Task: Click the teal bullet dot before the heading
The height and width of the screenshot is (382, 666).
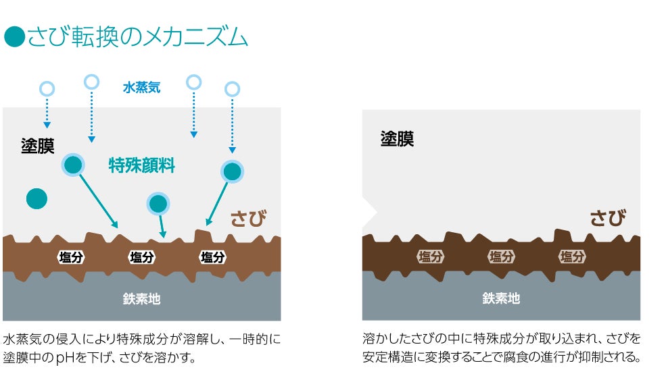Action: pos(14,37)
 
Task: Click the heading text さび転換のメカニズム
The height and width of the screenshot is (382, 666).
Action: pos(137,37)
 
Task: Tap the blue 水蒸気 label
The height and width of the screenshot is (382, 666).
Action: pos(141,87)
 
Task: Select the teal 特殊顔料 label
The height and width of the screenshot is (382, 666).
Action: pos(142,165)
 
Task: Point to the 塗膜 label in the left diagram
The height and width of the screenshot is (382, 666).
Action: pos(37,146)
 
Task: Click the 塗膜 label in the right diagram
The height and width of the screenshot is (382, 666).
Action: pos(397,139)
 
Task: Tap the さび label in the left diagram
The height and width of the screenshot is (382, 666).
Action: pos(248,218)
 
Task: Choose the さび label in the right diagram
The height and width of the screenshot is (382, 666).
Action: pos(607,217)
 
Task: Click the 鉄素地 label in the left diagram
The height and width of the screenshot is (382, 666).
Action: pos(141,298)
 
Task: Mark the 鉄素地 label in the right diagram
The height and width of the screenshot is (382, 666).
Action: pos(501,298)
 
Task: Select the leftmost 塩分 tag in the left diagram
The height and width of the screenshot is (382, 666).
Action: pos(71,257)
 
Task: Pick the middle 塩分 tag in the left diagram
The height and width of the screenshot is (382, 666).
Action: pos(142,257)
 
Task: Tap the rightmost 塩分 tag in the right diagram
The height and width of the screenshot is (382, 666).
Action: pos(572,257)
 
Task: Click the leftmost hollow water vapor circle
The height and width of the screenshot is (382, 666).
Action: pos(47,88)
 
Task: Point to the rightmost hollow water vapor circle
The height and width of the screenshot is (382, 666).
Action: pos(232,88)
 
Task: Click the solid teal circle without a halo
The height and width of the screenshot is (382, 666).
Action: pos(37,198)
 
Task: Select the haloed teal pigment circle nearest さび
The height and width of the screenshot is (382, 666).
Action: pos(232,171)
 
